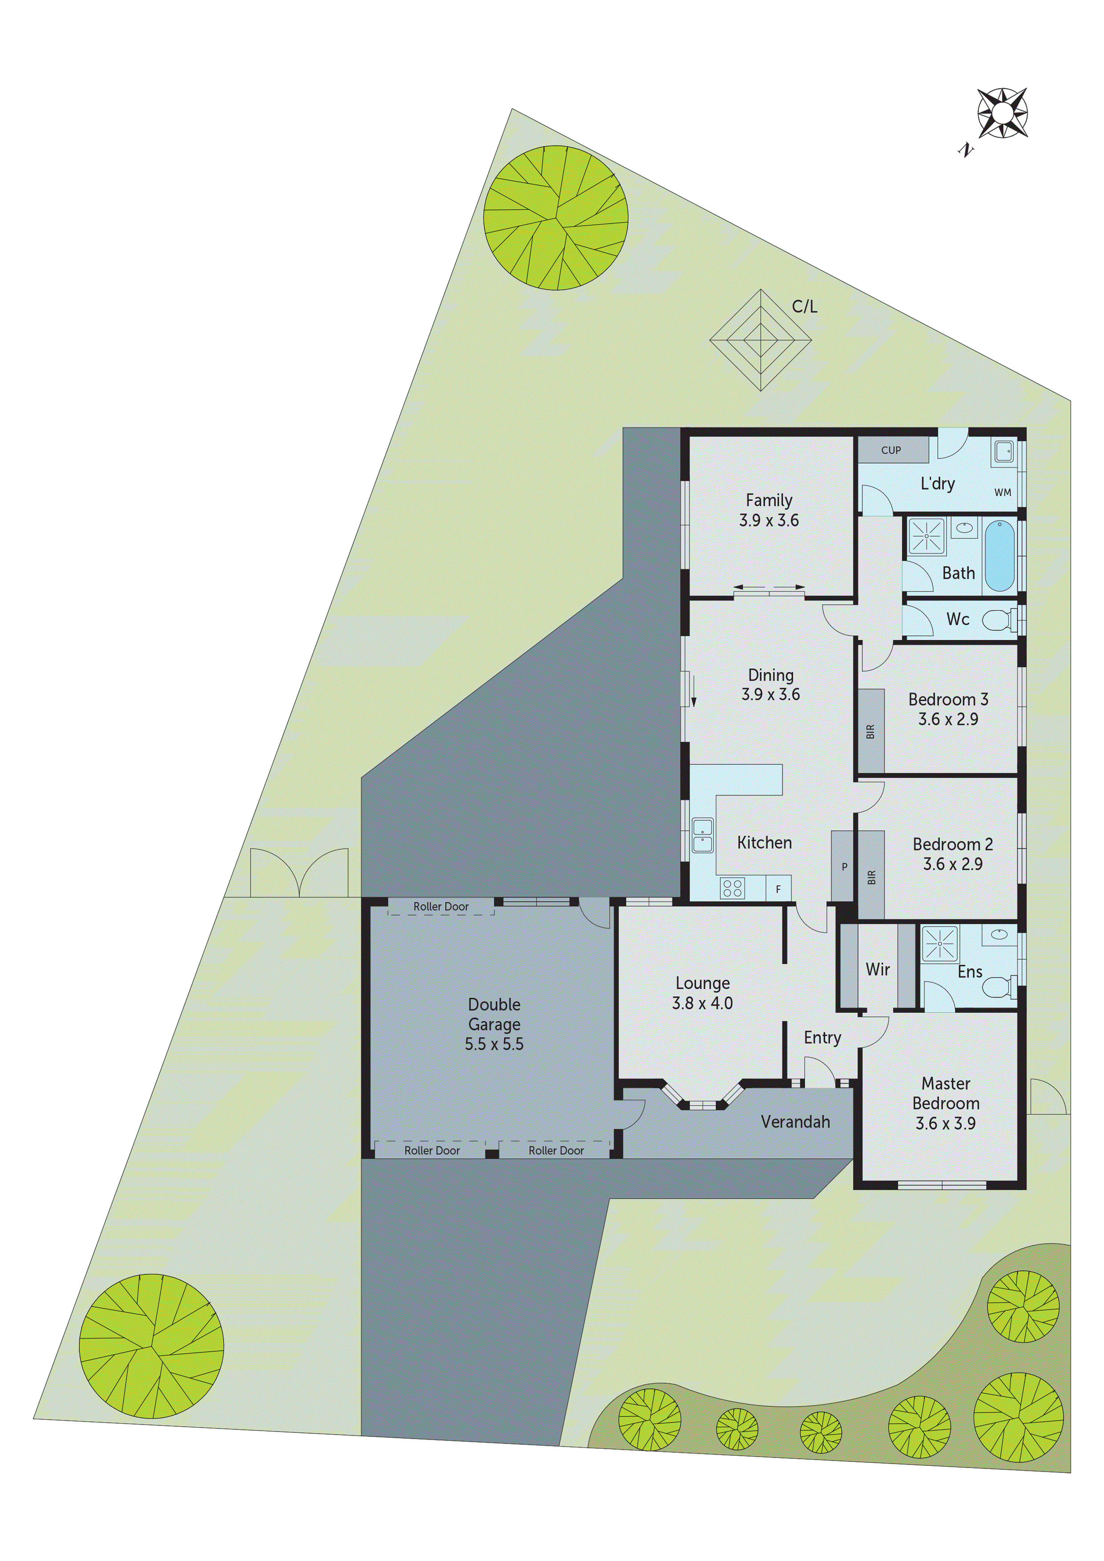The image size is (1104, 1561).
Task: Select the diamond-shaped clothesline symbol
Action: coord(760,340)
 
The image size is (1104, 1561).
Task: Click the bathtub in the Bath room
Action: coord(998,555)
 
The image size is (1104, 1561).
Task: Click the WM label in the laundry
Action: coord(1002,492)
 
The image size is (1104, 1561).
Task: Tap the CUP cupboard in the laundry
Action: coord(891,450)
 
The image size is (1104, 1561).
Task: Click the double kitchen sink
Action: coord(702,836)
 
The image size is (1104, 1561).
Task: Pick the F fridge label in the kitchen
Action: coord(778,889)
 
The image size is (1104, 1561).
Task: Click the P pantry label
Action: coord(844,867)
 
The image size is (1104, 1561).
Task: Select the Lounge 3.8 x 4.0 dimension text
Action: coord(702,1003)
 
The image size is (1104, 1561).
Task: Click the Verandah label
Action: coord(795,1122)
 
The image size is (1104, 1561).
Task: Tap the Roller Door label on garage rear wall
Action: coord(441,906)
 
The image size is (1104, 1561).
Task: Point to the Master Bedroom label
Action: coord(946,1093)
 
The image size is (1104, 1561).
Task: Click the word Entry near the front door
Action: coord(822,1038)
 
